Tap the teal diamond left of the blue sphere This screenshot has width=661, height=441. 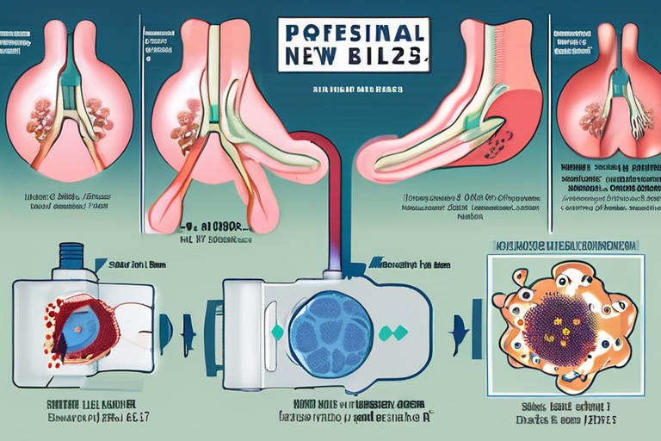[277, 332]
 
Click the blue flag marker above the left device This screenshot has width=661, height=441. [101, 266]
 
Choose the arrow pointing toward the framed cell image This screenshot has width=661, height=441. [459, 332]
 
